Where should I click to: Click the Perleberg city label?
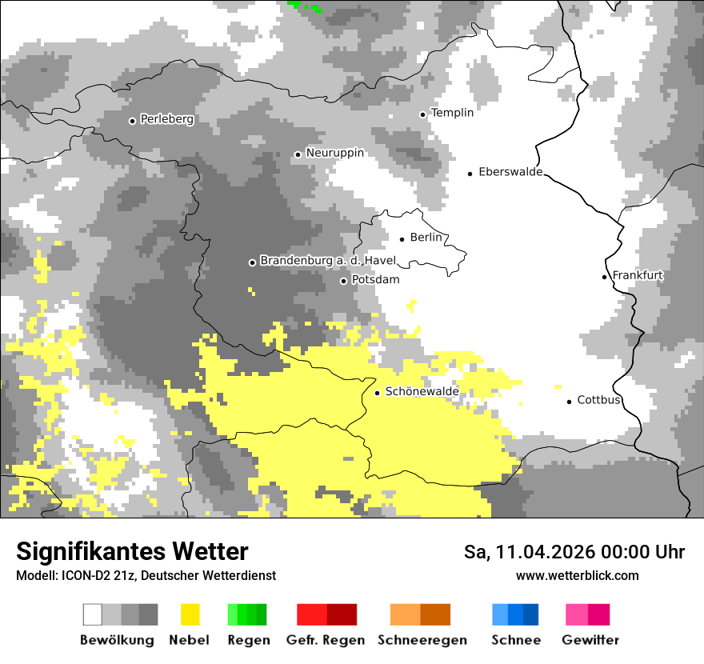tap(166, 119)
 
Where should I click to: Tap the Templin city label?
tap(452, 113)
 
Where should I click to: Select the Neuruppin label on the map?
tap(334, 153)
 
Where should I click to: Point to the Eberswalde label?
tap(510, 172)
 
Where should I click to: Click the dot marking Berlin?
tap(402, 238)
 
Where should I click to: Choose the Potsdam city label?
tap(375, 280)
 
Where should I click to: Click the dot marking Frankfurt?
tap(605, 277)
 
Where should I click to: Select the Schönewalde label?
tap(422, 392)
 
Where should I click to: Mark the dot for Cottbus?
tap(570, 401)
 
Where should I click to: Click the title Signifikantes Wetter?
tap(132, 551)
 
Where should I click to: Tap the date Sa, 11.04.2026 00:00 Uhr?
tap(574, 552)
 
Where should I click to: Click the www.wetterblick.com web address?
tap(577, 575)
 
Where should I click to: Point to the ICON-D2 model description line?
tap(146, 575)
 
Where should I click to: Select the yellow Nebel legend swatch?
tap(190, 614)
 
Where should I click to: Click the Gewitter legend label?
tap(590, 640)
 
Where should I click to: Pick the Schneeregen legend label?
tap(422, 640)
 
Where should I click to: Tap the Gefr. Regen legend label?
tap(326, 640)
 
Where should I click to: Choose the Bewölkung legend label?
tap(117, 640)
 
